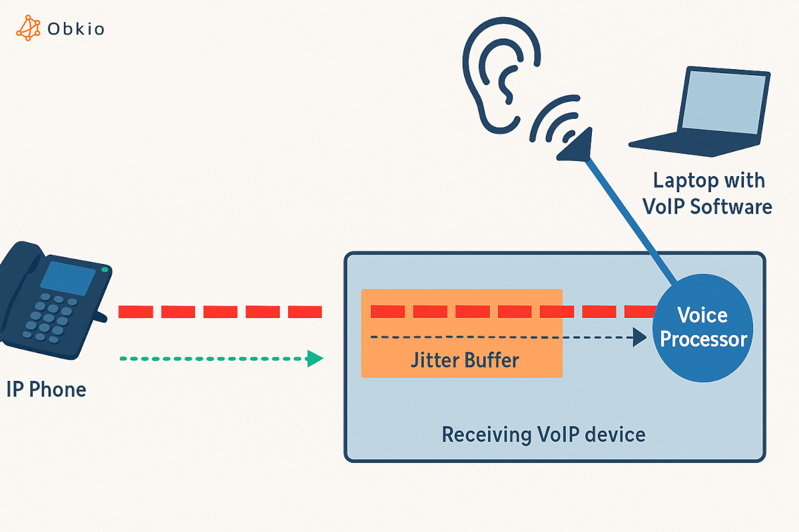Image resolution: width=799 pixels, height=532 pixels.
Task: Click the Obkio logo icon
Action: tap(28, 28)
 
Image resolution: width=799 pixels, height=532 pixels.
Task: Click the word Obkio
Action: tap(76, 29)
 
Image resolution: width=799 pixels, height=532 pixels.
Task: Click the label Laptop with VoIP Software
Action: tap(707, 193)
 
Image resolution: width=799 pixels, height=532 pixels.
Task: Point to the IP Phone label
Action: tap(45, 389)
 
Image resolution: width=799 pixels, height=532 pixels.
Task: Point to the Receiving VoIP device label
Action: tap(543, 435)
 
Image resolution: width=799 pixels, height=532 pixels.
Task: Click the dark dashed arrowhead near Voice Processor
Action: tap(639, 337)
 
